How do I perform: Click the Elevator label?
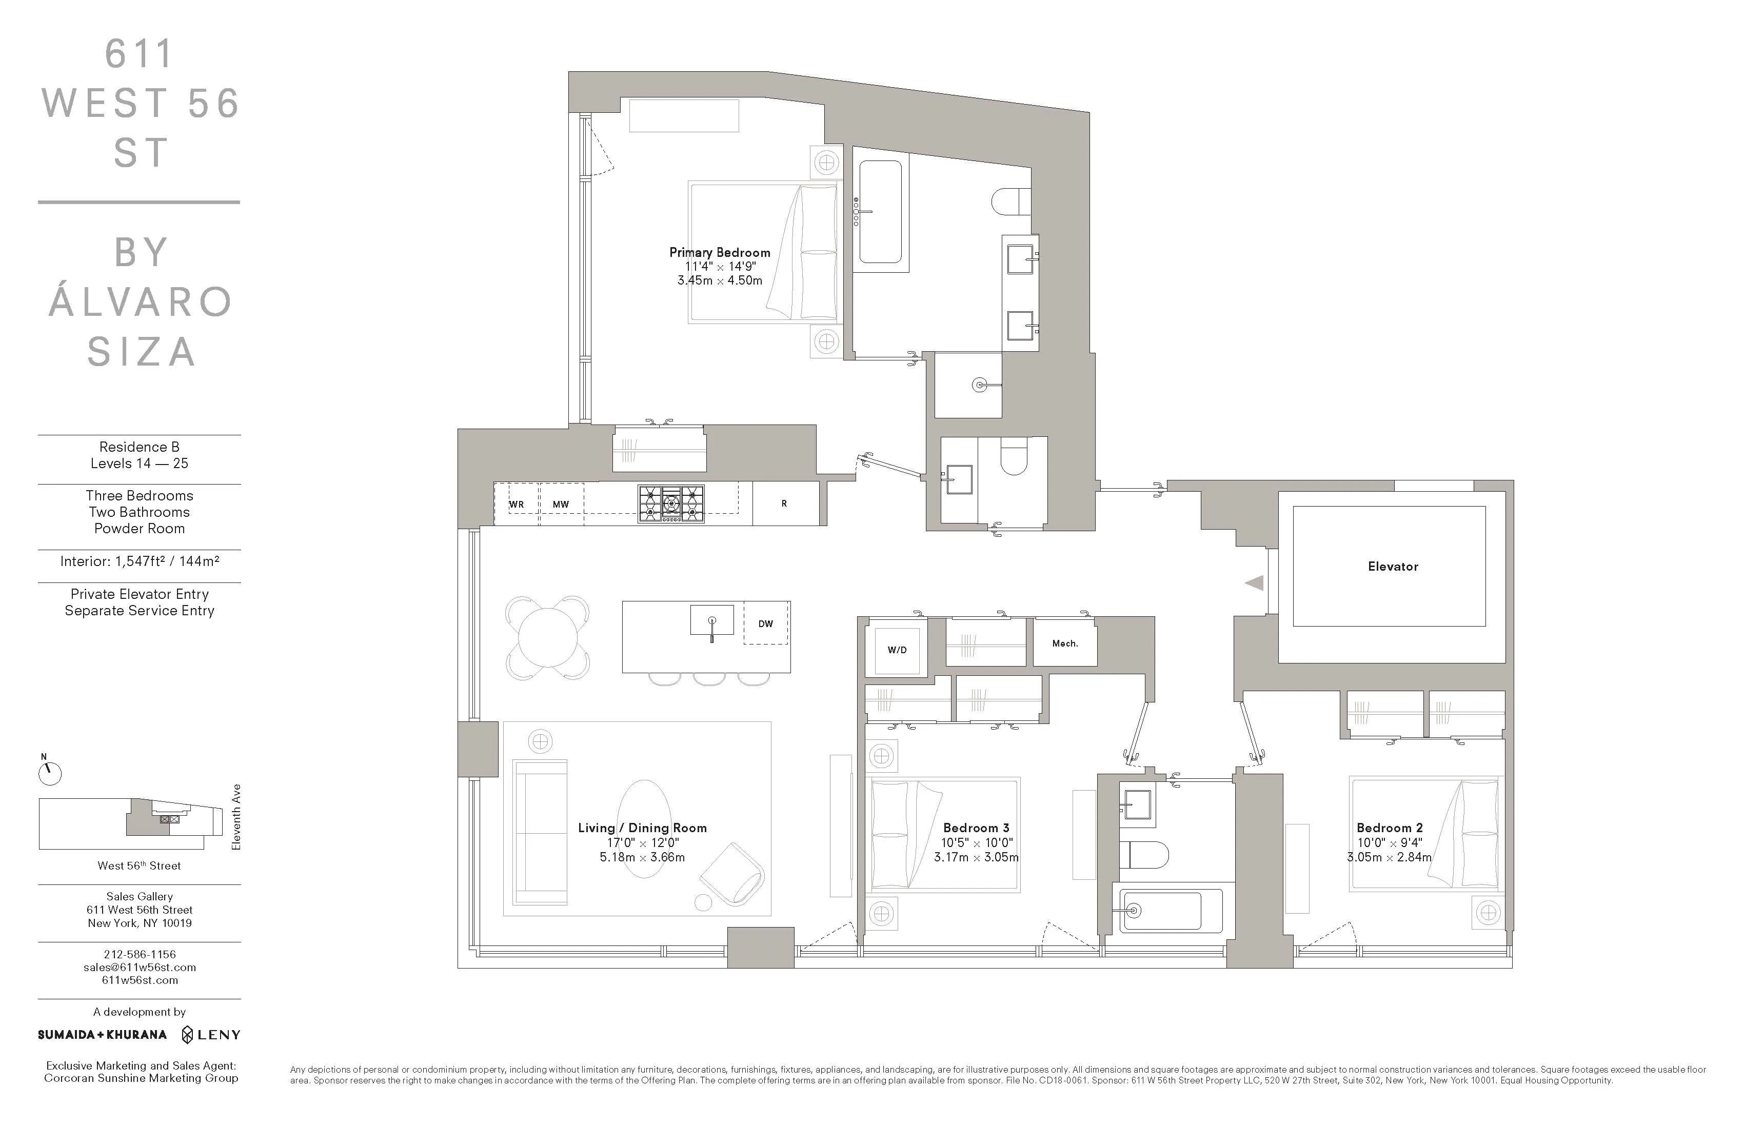tap(1392, 566)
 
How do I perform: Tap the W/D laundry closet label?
tap(897, 650)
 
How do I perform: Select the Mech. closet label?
tap(1065, 643)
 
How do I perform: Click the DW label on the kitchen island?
tap(766, 623)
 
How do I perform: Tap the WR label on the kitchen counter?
tap(517, 504)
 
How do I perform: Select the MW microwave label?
tap(561, 504)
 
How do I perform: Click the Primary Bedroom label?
tap(720, 252)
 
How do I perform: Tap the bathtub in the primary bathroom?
tap(880, 212)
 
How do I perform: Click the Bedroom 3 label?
tap(976, 828)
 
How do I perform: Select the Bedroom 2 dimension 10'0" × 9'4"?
tap(1390, 842)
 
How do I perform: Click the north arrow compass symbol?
tap(50, 773)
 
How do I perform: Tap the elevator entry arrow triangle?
tap(1255, 583)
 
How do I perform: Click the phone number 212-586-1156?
tap(139, 954)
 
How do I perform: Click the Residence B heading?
tap(139, 447)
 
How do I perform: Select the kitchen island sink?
tap(711, 621)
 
